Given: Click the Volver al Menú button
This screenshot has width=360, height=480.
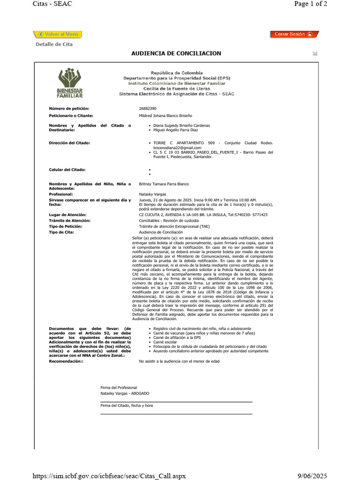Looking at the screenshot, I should tap(58, 34).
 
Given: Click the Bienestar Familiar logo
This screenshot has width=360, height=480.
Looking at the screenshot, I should tap(70, 83).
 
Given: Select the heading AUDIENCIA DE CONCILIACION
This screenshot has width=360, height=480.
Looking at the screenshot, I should tap(176, 53).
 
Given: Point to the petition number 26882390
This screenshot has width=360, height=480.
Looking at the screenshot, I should tap(148, 109).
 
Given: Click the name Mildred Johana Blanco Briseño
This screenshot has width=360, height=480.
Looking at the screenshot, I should tap(165, 115).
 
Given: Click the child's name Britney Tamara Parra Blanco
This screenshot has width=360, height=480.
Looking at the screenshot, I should tap(164, 184).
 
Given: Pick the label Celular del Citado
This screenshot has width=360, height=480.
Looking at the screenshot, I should tap(67, 170).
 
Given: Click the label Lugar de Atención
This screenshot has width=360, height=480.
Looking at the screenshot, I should tap(68, 215).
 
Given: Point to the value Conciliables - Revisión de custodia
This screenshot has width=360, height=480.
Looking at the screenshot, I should tap(169, 220).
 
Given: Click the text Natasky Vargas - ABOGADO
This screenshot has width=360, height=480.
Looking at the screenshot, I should tap(125, 394).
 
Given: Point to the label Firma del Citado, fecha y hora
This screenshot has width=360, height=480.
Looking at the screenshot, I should tap(127, 405).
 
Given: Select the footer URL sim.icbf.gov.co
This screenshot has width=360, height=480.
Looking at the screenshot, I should tap(109, 475).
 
